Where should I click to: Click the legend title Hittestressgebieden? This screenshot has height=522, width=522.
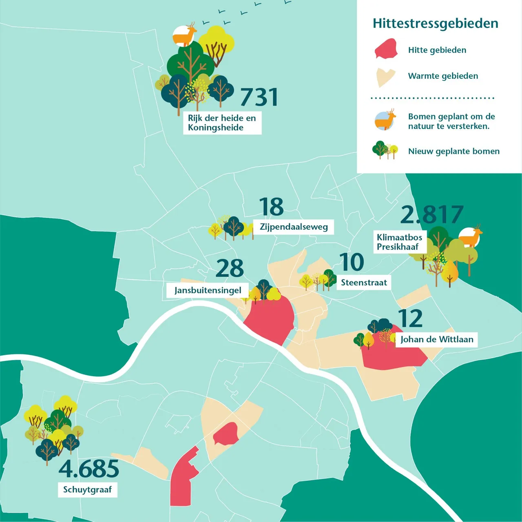[435, 23]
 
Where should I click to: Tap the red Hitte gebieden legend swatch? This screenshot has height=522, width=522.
[386, 49]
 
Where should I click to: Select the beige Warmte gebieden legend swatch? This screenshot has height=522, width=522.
[385, 77]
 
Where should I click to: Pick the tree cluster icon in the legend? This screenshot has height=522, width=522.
[385, 150]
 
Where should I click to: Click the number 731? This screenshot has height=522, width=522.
[259, 97]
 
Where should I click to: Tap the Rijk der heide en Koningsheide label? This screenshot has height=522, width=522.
[222, 123]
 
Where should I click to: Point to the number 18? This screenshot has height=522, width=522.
[271, 207]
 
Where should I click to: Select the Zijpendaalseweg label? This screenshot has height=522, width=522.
[294, 227]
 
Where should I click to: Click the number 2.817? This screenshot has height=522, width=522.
[432, 215]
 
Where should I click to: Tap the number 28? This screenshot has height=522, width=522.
[230, 268]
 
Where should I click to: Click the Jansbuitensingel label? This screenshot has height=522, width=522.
[208, 290]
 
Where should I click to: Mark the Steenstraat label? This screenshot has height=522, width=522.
[364, 283]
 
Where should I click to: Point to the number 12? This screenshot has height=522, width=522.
[410, 319]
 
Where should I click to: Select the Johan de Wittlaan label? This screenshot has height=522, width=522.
[436, 339]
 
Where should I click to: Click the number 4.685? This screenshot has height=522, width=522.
[89, 469]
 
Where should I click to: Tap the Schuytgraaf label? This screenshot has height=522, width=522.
[87, 489]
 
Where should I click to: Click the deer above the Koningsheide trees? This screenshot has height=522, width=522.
[185, 35]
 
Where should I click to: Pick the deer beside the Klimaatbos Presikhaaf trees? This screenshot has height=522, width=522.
[470, 237]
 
